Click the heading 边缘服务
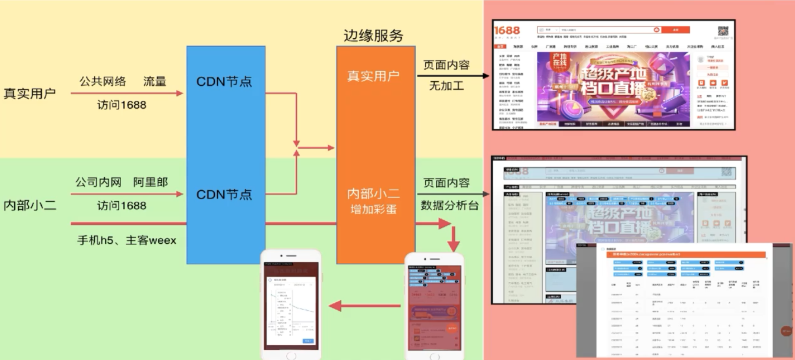[373, 36]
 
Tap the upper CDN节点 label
[224, 81]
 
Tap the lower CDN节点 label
[224, 195]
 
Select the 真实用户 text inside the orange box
[373, 76]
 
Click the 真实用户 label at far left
[29, 93]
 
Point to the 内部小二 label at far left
[29, 205]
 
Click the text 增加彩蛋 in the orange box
[373, 209]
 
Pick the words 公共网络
[103, 81]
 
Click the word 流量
[155, 81]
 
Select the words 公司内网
[98, 182]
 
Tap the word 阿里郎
[150, 182]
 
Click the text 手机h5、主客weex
[126, 240]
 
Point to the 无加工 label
[446, 86]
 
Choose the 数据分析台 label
[449, 205]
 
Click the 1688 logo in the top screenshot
[507, 30]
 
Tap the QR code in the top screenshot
[723, 31]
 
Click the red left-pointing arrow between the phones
[364, 306]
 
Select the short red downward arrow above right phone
[453, 239]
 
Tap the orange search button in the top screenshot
[675, 30]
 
